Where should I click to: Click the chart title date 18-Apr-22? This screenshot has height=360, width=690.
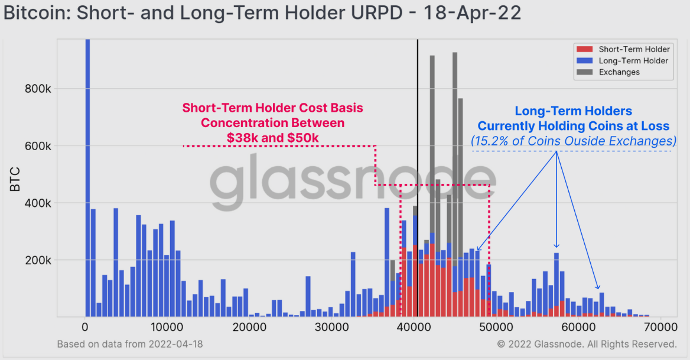[472, 12]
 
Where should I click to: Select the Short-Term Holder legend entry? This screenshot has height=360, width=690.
[623, 49]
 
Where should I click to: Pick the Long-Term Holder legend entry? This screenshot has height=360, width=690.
[622, 61]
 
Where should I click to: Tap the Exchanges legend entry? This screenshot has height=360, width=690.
[608, 72]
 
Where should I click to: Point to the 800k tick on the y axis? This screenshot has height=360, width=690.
[38, 89]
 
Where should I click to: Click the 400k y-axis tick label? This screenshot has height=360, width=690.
[38, 203]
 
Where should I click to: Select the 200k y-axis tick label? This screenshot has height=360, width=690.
[38, 261]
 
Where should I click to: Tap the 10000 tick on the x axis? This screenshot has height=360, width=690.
[167, 327]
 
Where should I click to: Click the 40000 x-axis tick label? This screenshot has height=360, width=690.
[413, 327]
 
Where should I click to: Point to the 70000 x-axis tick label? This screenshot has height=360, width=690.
[659, 327]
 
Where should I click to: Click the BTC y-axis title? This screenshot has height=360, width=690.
[15, 179]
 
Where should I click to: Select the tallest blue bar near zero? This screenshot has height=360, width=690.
[87, 178]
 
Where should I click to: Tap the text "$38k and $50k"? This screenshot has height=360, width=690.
[273, 138]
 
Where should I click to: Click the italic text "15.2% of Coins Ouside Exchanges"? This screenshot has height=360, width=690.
[574, 141]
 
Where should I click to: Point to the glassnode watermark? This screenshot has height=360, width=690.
[352, 181]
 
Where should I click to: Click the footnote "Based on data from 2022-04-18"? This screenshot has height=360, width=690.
[130, 344]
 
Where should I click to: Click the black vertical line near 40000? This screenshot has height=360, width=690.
[418, 178]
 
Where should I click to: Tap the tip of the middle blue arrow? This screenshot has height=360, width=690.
[556, 248]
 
